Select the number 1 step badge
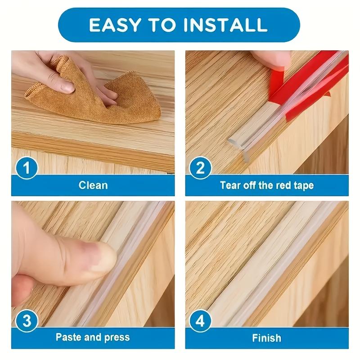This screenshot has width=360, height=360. click(x=27, y=169)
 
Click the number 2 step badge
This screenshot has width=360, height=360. click(x=201, y=169)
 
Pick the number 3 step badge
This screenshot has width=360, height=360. click(x=27, y=321)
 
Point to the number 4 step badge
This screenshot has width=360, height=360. click(x=201, y=321)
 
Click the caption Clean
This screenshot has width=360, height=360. click(x=93, y=185)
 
